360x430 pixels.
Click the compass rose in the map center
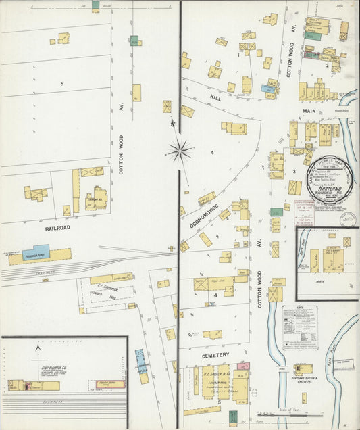coord(180,151)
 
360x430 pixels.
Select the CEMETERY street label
coord(215,354)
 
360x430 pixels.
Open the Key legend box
coord(299,327)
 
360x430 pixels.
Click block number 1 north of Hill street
coord(238,55)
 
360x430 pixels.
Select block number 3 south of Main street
coord(294,171)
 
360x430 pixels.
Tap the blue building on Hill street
coord(268,87)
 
